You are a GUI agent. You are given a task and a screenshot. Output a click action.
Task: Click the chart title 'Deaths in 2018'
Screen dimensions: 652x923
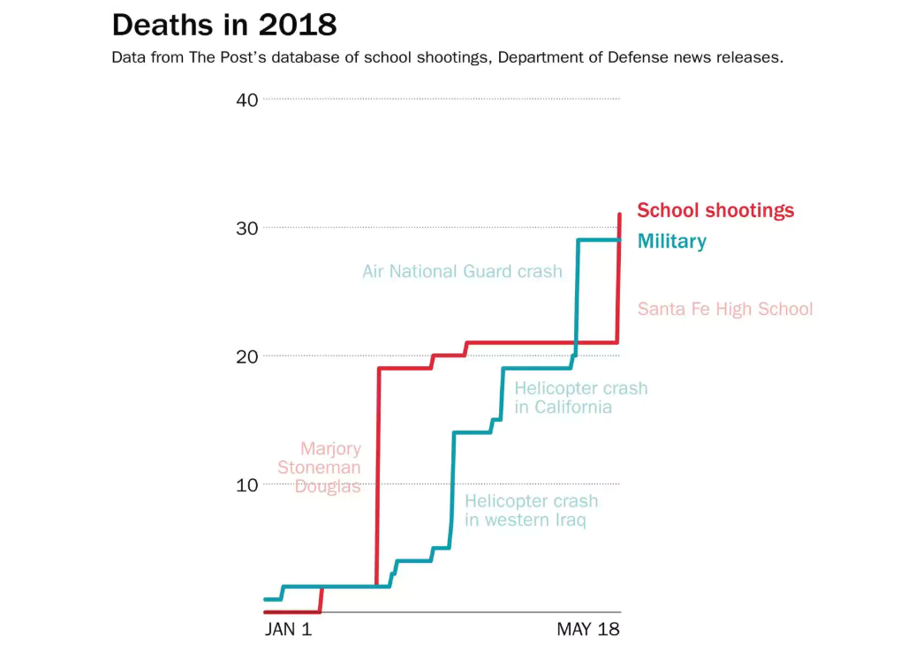point(224,25)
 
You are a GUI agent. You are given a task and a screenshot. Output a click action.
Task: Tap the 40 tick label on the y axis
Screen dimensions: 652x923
point(247,100)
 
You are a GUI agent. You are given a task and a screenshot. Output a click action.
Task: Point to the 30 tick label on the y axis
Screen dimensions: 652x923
point(247,228)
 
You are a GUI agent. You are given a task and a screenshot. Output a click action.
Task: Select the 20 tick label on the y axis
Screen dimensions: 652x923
point(247,356)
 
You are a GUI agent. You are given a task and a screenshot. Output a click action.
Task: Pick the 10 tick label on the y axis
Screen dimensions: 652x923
point(247,484)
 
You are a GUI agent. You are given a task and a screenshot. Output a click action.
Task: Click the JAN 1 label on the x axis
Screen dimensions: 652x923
point(288,630)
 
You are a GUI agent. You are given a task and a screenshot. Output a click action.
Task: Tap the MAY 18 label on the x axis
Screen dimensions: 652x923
point(588,630)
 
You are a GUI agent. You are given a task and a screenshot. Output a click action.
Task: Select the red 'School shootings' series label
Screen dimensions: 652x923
point(715,210)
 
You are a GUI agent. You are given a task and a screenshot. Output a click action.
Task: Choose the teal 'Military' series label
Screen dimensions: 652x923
point(671,241)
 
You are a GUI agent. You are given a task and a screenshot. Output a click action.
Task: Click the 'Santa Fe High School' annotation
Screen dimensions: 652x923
point(725,309)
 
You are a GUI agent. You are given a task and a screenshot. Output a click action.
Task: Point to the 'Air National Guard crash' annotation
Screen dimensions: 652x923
point(462,272)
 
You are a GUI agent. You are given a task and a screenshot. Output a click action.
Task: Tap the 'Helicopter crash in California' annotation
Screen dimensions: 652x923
point(580,398)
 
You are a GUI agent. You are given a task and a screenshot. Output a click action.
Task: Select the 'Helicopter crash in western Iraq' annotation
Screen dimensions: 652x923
point(531,511)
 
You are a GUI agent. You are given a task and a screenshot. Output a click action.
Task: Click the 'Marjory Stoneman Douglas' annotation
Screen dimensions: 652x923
point(320,468)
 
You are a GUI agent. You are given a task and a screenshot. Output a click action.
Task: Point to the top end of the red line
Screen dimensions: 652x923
point(619,214)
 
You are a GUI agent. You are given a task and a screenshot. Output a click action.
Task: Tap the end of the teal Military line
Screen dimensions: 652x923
point(619,240)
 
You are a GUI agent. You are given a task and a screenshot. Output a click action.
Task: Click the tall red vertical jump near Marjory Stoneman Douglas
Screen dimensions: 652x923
point(378,476)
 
